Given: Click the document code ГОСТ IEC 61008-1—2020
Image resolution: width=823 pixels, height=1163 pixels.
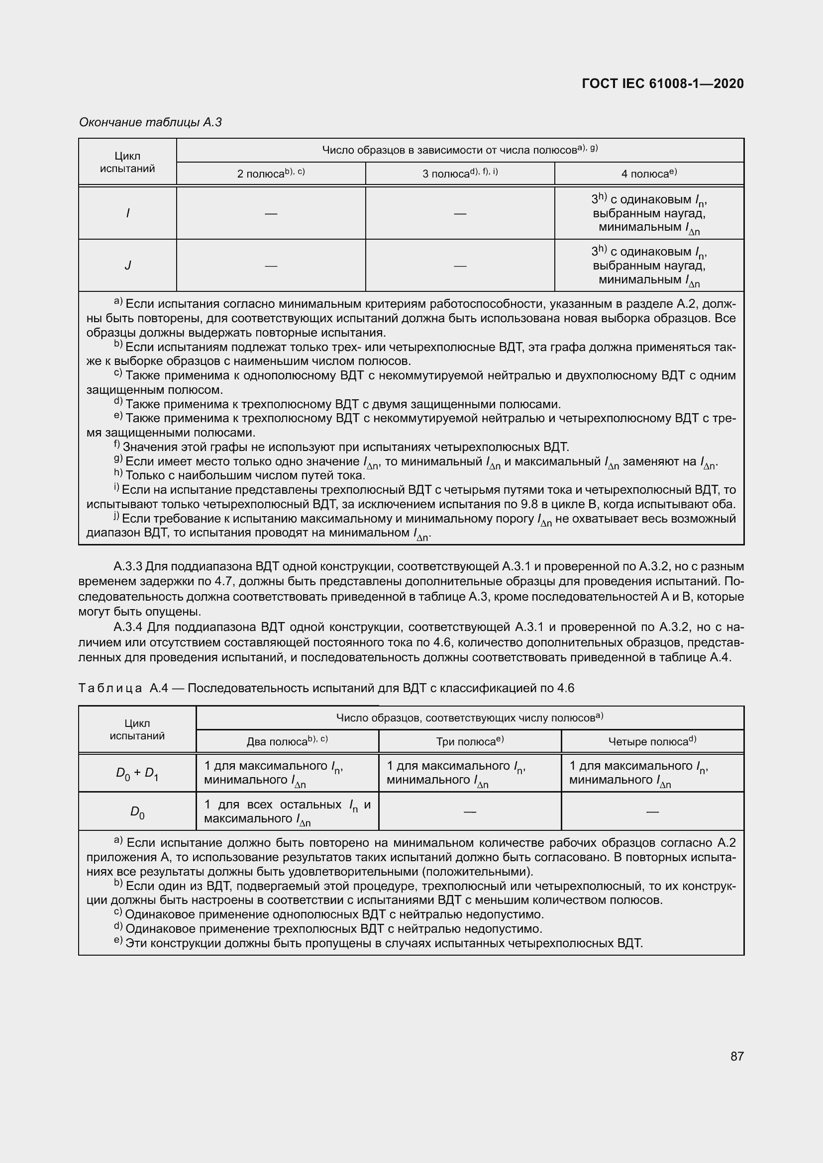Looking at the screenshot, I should (x=663, y=84).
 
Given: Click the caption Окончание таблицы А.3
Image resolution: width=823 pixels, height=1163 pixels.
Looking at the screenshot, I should (x=150, y=122).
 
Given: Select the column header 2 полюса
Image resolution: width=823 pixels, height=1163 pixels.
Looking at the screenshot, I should (x=260, y=174).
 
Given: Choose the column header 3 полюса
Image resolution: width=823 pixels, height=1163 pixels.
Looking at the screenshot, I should (x=446, y=174).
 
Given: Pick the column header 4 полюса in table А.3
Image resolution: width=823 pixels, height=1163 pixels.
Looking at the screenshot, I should (x=644, y=174).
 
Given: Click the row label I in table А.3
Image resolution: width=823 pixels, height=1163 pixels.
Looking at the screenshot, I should (x=128, y=213).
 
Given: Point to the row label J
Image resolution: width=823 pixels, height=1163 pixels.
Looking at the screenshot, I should (x=128, y=266).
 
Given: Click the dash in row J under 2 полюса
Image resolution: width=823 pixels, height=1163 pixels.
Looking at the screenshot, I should (x=271, y=266).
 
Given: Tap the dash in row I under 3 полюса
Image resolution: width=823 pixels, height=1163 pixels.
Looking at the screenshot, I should (x=460, y=213).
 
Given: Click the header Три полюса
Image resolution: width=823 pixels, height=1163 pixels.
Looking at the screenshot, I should (x=466, y=741).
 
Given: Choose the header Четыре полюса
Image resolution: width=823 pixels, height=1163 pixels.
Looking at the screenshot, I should (x=648, y=741).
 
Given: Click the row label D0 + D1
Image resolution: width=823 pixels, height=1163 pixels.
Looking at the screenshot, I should (x=137, y=774).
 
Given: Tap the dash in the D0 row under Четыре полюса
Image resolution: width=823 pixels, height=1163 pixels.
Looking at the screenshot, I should (x=652, y=812).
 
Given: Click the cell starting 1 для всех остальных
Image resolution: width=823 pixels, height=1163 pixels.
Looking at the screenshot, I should (x=287, y=811).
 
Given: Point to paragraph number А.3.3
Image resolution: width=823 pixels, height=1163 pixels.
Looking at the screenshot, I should (x=129, y=566).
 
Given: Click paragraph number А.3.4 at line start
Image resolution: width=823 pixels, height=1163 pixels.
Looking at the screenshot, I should (x=129, y=627).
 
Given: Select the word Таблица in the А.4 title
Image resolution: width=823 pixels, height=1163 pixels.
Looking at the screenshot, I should (x=110, y=688).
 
